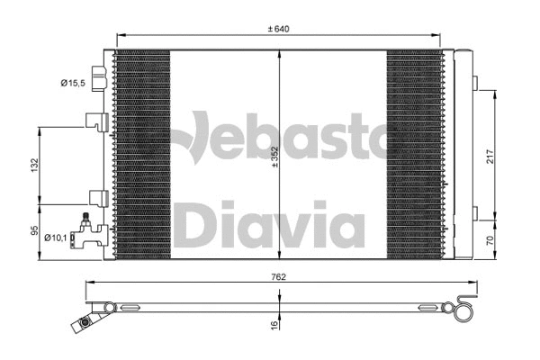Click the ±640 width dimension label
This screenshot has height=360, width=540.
(x=279, y=29)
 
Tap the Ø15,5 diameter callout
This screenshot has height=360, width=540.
(x=74, y=84)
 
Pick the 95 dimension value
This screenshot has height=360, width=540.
(x=34, y=232)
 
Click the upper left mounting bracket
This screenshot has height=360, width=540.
(x=96, y=121)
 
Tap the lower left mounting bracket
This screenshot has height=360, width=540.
(x=96, y=197)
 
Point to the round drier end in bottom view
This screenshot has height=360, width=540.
(x=464, y=310)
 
